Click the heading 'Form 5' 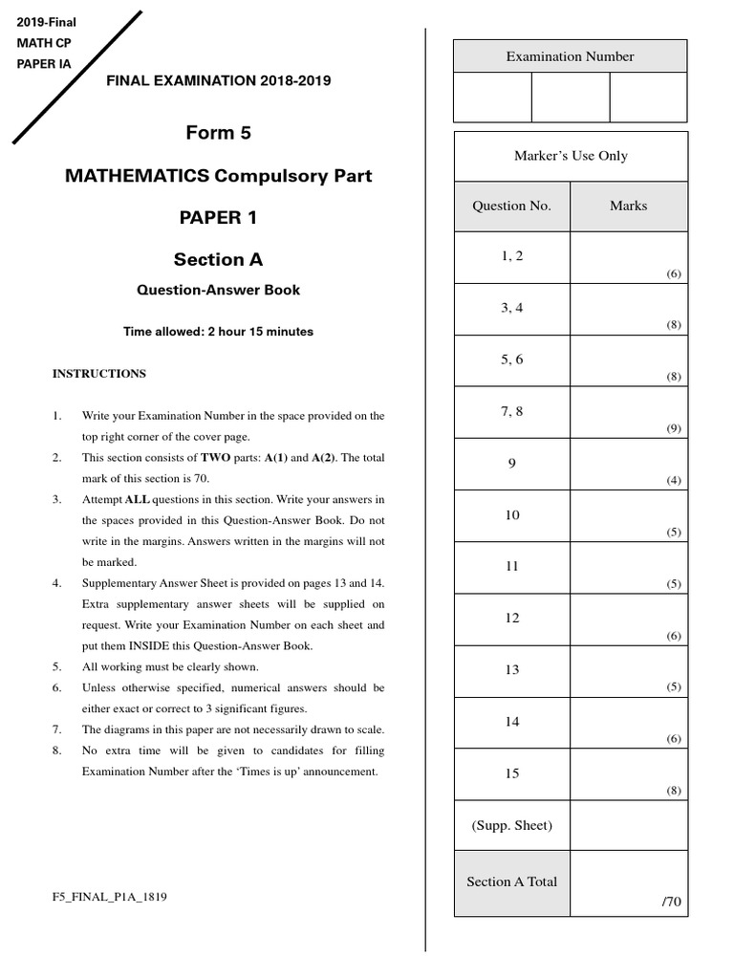(x=218, y=133)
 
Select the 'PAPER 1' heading (x=218, y=217)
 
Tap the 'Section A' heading (x=218, y=259)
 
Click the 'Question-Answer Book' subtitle (x=218, y=290)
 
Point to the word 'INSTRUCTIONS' (x=99, y=374)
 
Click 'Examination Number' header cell (x=570, y=56)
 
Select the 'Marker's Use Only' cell (x=571, y=156)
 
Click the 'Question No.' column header (x=512, y=206)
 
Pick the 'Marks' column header (x=628, y=206)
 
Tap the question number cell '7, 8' (x=512, y=412)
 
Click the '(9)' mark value (x=674, y=428)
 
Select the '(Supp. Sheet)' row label (x=512, y=825)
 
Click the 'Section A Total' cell (x=512, y=881)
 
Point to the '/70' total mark (x=672, y=901)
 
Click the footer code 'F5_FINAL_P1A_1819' (x=111, y=897)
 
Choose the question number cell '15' (x=512, y=773)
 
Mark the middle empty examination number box (x=570, y=98)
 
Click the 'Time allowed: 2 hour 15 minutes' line (x=218, y=332)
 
